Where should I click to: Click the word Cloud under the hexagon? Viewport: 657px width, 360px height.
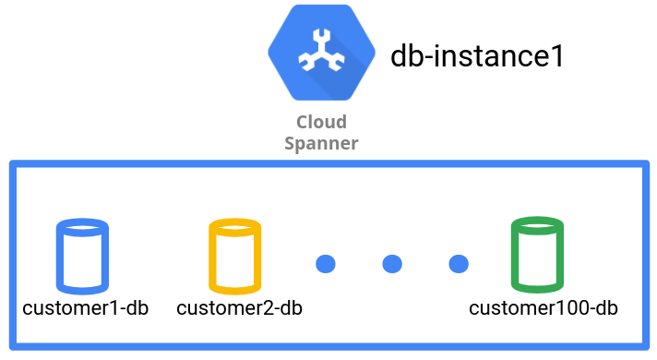tap(321, 122)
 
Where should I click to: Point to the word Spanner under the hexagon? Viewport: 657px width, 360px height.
tap(321, 143)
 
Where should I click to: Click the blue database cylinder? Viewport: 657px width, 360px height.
tap(82, 254)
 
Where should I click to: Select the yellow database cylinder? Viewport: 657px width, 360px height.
tap(234, 254)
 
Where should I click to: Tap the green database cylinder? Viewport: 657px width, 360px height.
tap(536, 254)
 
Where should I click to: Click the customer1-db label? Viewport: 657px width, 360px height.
tap(85, 307)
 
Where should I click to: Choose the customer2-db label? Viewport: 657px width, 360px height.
tap(239, 307)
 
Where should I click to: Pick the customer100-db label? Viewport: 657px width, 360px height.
tap(543, 307)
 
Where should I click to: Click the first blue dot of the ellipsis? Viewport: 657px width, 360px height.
tap(325, 264)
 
